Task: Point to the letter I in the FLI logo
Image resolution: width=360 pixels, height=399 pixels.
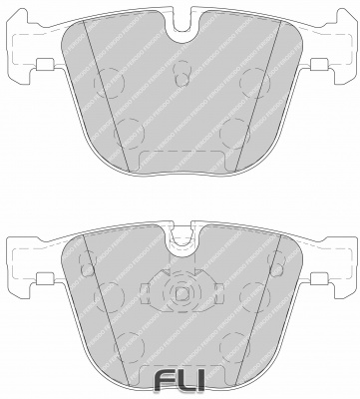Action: pyautogui.click(x=202, y=380)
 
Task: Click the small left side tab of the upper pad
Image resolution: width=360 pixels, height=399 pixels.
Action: pyautogui.click(x=43, y=68)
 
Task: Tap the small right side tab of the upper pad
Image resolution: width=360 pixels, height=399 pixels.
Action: pyautogui.click(x=318, y=68)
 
